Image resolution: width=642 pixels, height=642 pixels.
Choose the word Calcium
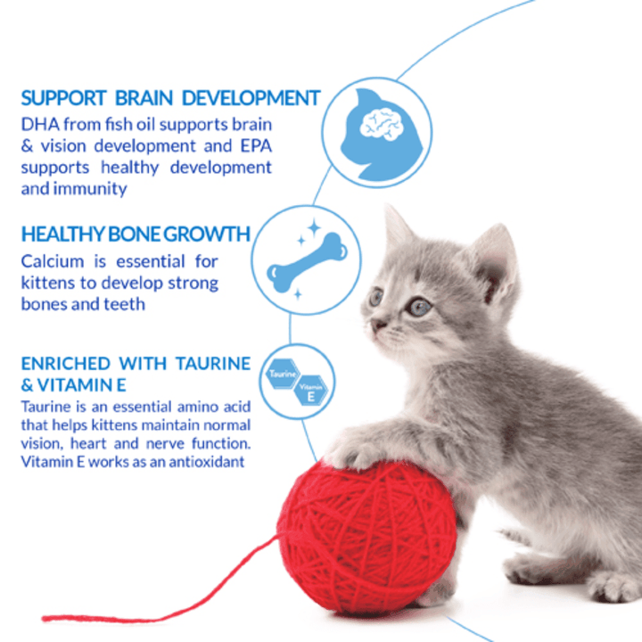(x=51, y=262)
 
